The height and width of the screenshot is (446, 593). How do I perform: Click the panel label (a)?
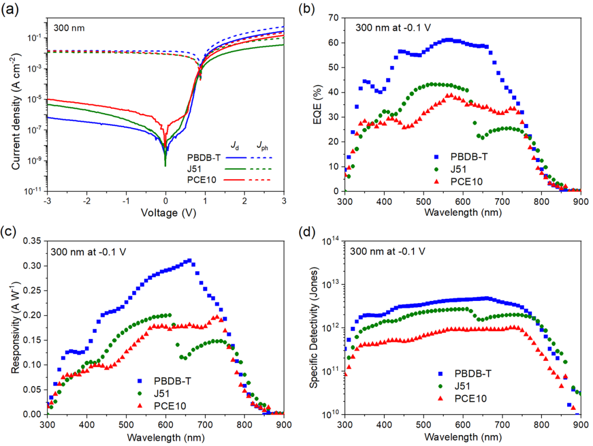pos(10,9)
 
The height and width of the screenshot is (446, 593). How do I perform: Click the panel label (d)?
pos(307,232)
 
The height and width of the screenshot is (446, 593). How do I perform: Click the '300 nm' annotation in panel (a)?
pos(69,28)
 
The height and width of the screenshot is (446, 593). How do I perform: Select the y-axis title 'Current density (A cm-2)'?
pos(16,111)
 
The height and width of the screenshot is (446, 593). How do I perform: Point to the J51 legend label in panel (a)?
pos(194,169)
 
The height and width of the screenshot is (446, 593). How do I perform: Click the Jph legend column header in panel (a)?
pos(262,146)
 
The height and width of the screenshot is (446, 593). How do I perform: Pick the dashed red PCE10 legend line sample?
pos(261,180)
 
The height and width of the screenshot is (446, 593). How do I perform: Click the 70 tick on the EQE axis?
pos(334,18)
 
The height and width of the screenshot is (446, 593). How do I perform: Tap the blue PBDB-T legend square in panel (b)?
pos(437,157)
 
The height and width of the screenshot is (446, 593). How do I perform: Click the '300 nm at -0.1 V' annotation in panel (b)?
pos(393,27)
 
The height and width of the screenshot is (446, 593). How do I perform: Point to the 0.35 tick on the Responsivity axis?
pos(32,241)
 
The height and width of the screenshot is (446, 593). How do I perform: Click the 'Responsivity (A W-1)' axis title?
pos(15,327)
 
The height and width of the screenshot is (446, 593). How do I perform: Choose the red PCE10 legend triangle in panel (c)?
pos(140,405)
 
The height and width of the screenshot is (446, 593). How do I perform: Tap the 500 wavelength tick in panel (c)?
pos(126,425)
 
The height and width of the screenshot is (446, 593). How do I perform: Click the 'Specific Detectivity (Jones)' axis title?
pos(314,327)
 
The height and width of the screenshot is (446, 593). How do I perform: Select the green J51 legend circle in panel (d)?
pos(440,386)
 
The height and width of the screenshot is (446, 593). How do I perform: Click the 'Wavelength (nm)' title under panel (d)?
pos(463,437)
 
